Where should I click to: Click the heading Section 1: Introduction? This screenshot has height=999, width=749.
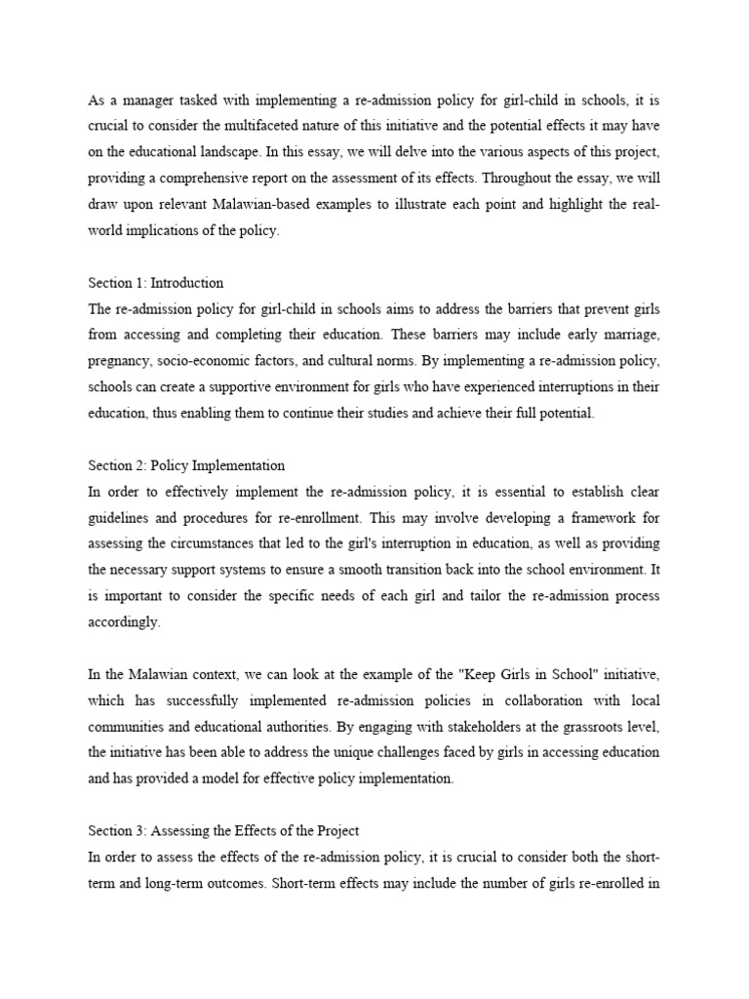click(x=156, y=283)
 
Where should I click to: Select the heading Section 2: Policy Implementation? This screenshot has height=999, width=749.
click(x=186, y=465)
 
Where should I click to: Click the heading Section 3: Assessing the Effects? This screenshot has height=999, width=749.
click(x=224, y=831)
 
